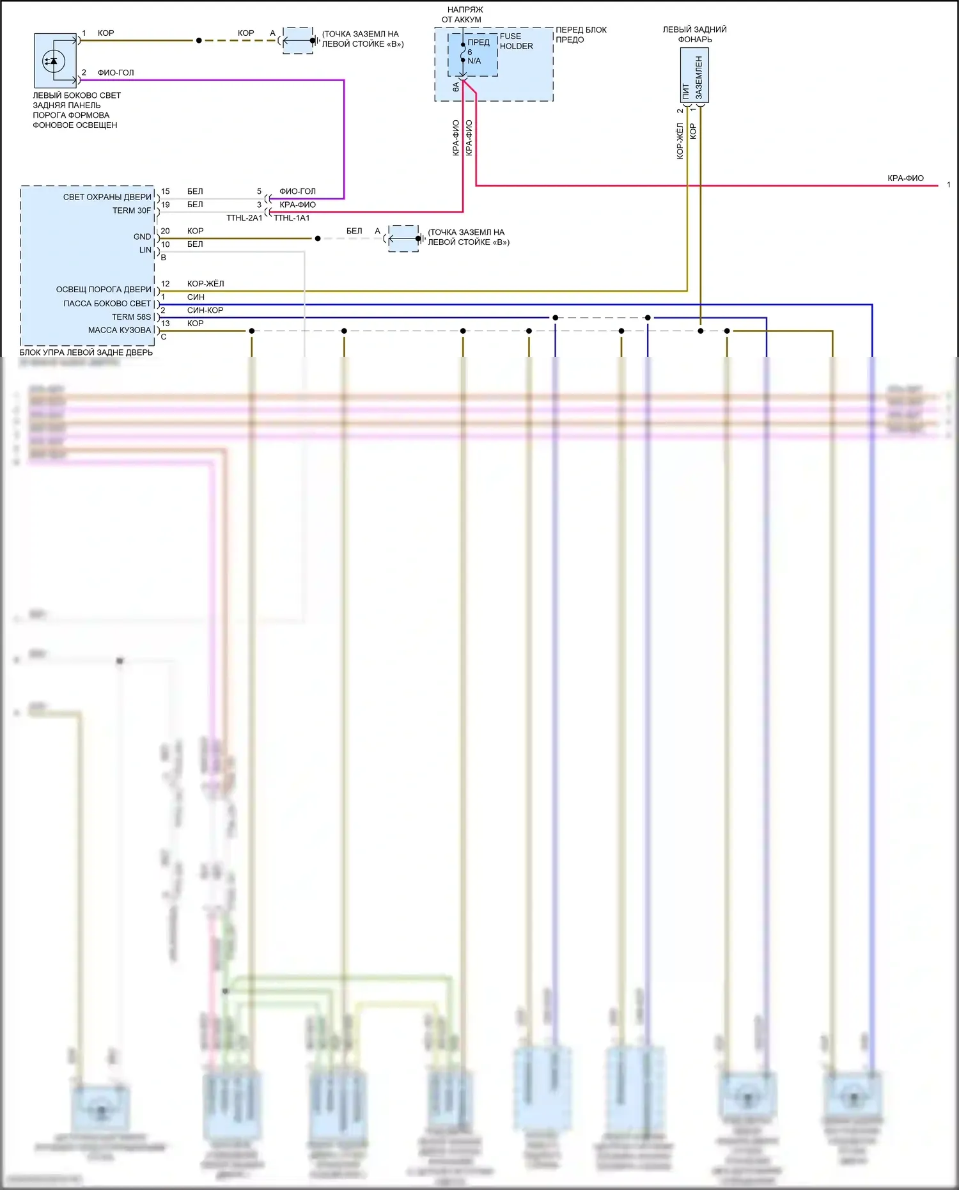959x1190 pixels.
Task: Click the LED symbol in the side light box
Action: click(53, 61)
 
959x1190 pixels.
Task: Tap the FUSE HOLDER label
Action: click(516, 41)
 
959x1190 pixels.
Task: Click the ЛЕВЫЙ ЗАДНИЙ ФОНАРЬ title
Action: click(694, 34)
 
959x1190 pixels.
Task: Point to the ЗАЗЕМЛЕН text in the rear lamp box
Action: click(699, 77)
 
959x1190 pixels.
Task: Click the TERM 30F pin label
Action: click(132, 210)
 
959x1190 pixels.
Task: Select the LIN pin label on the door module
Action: click(145, 250)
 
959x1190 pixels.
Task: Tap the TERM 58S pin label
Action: click(132, 317)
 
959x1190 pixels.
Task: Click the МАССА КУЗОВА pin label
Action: click(120, 330)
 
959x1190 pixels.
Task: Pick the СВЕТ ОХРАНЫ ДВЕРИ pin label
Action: click(107, 197)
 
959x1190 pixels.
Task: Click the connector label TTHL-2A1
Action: click(244, 218)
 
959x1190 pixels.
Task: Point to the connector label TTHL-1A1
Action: click(292, 218)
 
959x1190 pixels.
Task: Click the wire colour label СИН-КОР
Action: click(205, 310)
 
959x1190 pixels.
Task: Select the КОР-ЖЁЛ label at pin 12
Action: click(205, 283)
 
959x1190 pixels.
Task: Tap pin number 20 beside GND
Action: click(165, 231)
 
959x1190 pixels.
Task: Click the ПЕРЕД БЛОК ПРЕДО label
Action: click(581, 35)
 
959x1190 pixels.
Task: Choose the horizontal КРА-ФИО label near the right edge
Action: click(905, 178)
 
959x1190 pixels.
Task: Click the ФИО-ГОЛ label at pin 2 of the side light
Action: click(116, 72)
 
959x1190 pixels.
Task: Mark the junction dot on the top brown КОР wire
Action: click(199, 40)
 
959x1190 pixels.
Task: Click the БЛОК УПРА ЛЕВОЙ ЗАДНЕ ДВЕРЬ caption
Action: click(86, 352)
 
